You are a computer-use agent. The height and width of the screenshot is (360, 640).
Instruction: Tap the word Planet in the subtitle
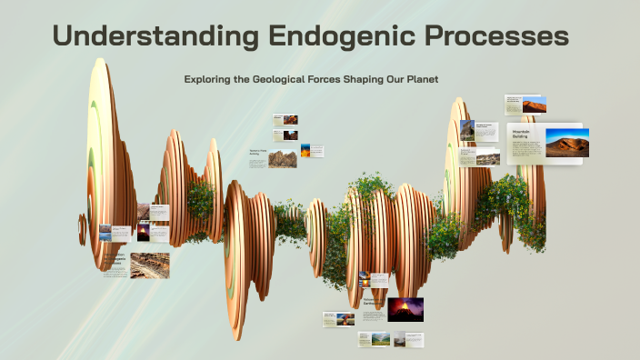point(421,80)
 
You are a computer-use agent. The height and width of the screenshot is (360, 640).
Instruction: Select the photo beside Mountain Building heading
point(566,143)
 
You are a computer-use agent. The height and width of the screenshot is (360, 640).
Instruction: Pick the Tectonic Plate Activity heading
point(257,152)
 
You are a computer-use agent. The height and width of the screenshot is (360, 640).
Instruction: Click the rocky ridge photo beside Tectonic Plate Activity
point(282,158)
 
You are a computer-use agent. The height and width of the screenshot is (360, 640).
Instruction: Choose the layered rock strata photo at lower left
point(149,264)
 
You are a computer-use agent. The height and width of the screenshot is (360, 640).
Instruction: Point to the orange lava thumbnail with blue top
point(305,150)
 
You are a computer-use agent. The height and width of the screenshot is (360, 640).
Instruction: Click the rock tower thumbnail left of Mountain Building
point(467,130)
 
